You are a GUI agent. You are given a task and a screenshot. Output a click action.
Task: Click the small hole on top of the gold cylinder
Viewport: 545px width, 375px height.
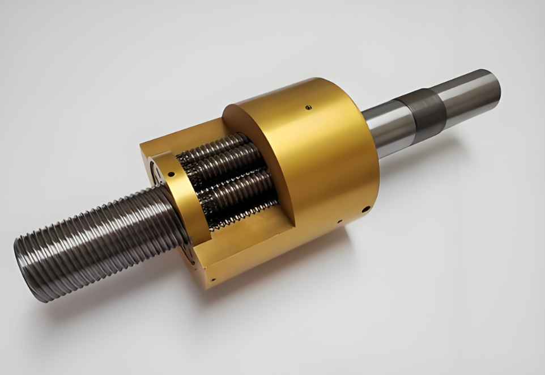point(308,106)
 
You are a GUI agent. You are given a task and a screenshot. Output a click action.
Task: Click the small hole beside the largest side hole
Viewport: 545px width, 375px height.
point(338,222)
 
